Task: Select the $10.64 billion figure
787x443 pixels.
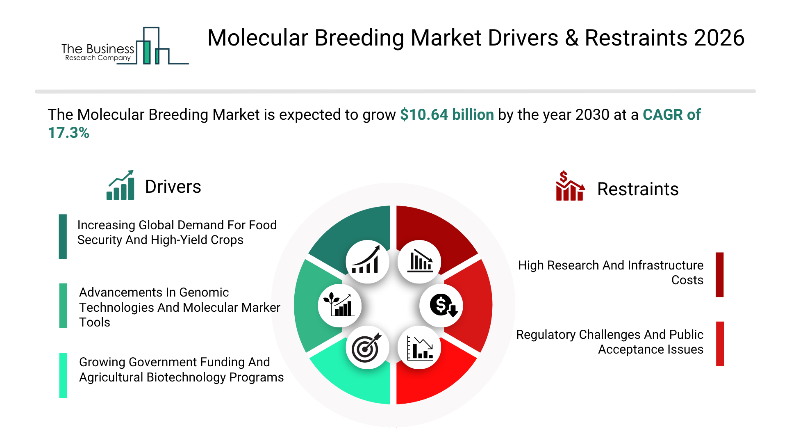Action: pos(447,114)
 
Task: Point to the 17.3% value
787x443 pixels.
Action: pos(68,132)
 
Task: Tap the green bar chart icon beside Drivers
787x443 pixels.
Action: pos(120,185)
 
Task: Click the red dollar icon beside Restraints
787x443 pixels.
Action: pos(570,185)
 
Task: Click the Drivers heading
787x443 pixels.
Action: pos(173,187)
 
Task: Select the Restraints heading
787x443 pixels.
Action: pos(638,189)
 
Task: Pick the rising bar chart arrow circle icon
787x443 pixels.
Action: pos(367,262)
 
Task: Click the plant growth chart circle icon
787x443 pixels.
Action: pos(339,306)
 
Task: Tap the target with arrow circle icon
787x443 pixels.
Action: pos(367,347)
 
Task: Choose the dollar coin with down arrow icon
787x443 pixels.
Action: pos(441,306)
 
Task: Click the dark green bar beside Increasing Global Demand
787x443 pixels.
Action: pos(63,236)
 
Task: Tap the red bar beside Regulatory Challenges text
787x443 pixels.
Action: pos(720,344)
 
